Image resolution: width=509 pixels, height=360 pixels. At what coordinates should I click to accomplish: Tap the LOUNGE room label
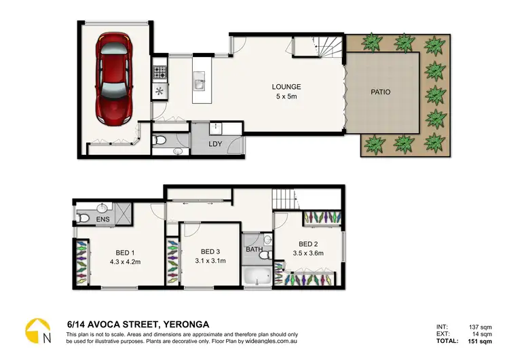286,87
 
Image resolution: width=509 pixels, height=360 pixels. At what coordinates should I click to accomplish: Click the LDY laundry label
216,144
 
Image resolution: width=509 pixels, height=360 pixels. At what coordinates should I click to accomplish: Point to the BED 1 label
124,252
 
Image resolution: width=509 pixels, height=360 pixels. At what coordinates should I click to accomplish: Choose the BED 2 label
308,245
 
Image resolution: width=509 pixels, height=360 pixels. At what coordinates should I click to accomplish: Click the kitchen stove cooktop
159,71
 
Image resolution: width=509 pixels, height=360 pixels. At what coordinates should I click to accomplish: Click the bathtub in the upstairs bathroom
257,278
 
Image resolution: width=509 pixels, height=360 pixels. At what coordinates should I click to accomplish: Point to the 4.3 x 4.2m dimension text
124,262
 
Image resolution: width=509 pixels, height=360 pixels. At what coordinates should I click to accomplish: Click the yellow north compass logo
38,331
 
